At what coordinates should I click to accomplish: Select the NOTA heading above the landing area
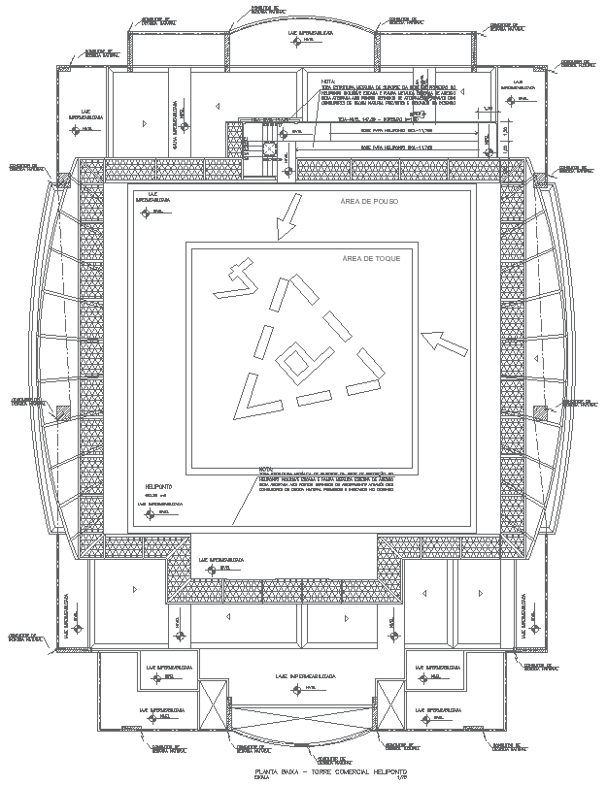pyautogui.click(x=327, y=82)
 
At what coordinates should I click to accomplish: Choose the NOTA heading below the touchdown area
pyautogui.click(x=266, y=468)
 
